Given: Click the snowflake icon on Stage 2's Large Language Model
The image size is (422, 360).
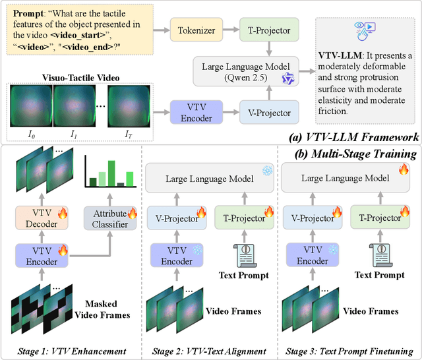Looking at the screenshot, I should coord(266,169).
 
